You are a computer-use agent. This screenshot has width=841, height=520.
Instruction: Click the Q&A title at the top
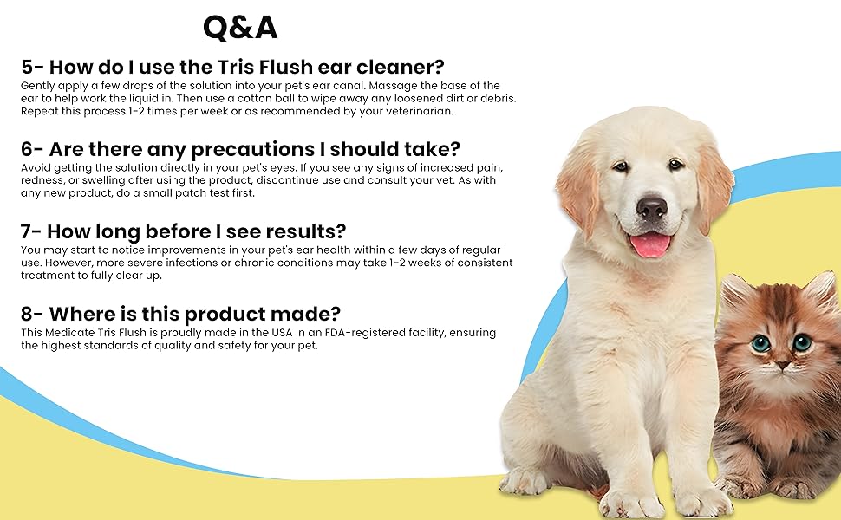pos(240,28)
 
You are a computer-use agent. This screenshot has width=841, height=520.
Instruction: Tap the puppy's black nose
pos(652,208)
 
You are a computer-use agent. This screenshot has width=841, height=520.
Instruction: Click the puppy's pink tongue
pos(650,245)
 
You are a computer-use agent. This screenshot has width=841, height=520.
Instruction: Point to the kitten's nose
pos(783,365)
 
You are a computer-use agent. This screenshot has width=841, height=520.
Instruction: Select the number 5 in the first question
pos(27,67)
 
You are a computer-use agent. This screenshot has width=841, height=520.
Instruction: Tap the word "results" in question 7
pos(299,231)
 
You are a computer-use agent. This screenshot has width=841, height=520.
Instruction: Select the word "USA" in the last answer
pos(282,333)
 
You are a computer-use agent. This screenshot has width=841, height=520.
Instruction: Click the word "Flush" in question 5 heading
pos(286,67)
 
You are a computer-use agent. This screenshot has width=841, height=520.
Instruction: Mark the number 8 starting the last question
pos(27,314)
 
